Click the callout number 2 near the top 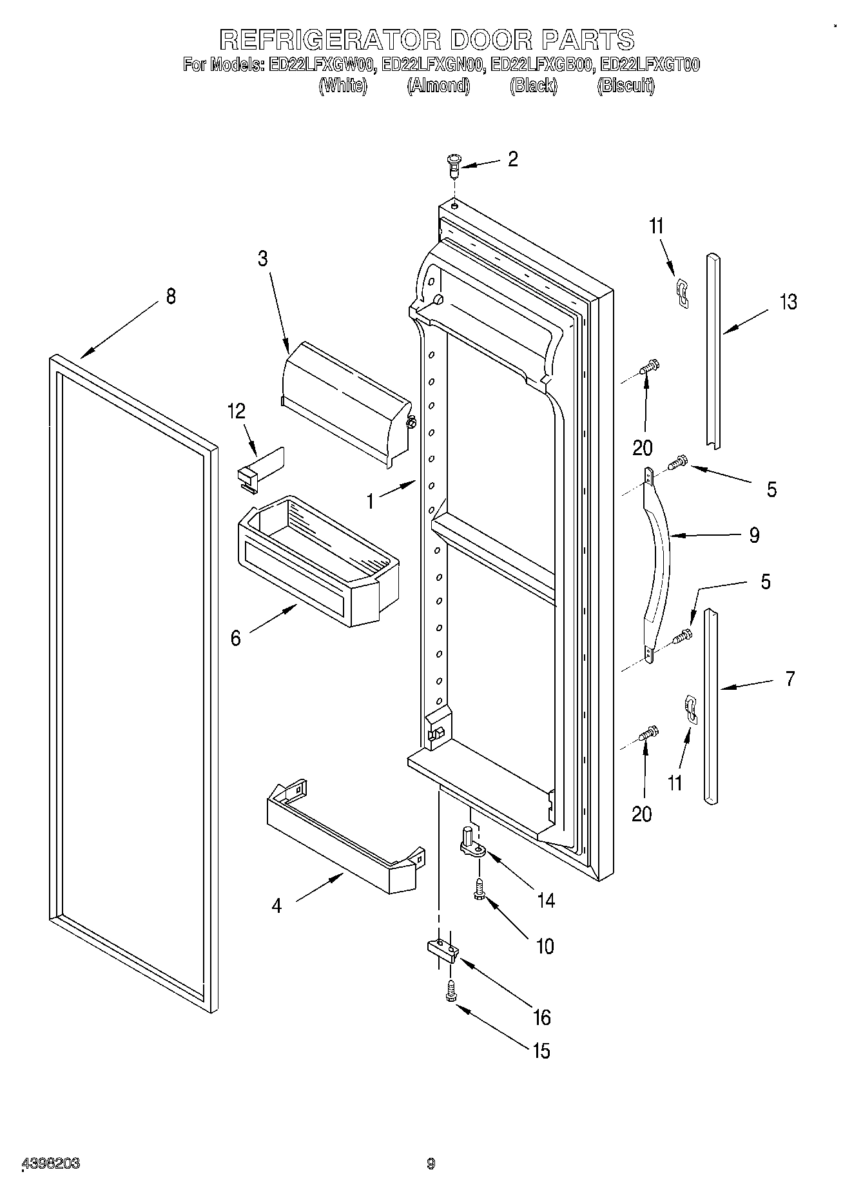tap(512, 159)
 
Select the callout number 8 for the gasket tap(170, 297)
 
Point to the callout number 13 tap(788, 302)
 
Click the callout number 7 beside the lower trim tap(790, 678)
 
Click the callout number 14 tap(545, 900)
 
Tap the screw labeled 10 tap(479, 890)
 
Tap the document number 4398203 tap(51, 1164)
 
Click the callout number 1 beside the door tap(370, 501)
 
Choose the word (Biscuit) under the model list tap(625, 85)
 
